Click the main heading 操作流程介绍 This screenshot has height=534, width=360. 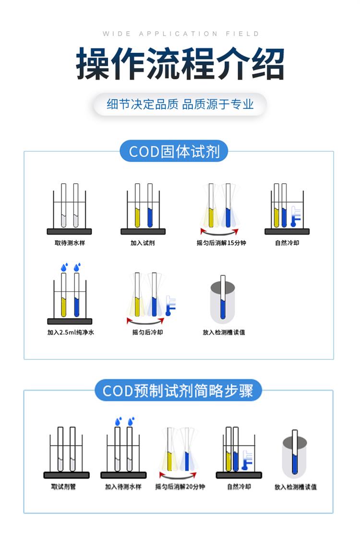click(180, 64)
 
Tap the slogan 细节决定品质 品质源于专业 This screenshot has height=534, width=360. click(180, 104)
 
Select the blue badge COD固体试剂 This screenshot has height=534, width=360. click(174, 152)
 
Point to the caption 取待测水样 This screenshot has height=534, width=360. click(70, 243)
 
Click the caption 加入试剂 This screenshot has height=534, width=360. click(143, 243)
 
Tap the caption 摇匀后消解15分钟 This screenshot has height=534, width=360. click(221, 243)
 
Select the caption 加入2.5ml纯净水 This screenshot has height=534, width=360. click(70, 332)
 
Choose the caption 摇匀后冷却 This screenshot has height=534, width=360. click(147, 332)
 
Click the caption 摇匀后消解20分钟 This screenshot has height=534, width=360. click(180, 487)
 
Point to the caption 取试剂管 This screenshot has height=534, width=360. click(63, 487)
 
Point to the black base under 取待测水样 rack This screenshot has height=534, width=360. click(69, 231)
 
